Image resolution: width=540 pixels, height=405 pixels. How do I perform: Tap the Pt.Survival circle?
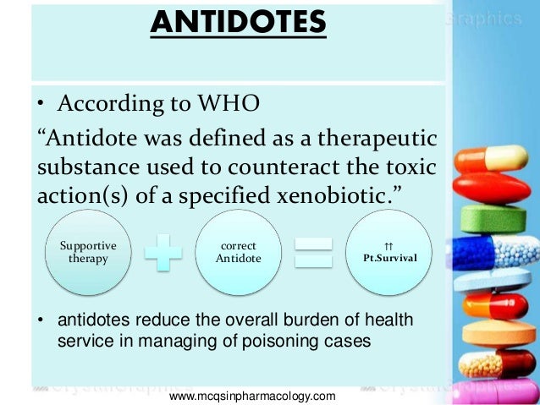pos(388,252)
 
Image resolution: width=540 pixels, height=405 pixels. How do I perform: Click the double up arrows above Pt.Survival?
pos(388,244)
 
